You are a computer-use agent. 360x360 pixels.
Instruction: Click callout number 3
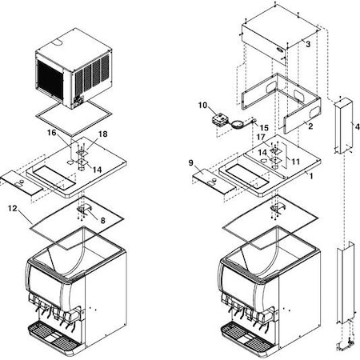(x=307, y=45)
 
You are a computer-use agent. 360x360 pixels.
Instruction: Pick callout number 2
(x=310, y=126)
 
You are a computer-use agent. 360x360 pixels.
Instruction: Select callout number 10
(x=203, y=105)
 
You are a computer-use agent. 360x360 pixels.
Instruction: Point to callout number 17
(x=261, y=137)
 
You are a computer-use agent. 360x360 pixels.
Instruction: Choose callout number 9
(x=190, y=162)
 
